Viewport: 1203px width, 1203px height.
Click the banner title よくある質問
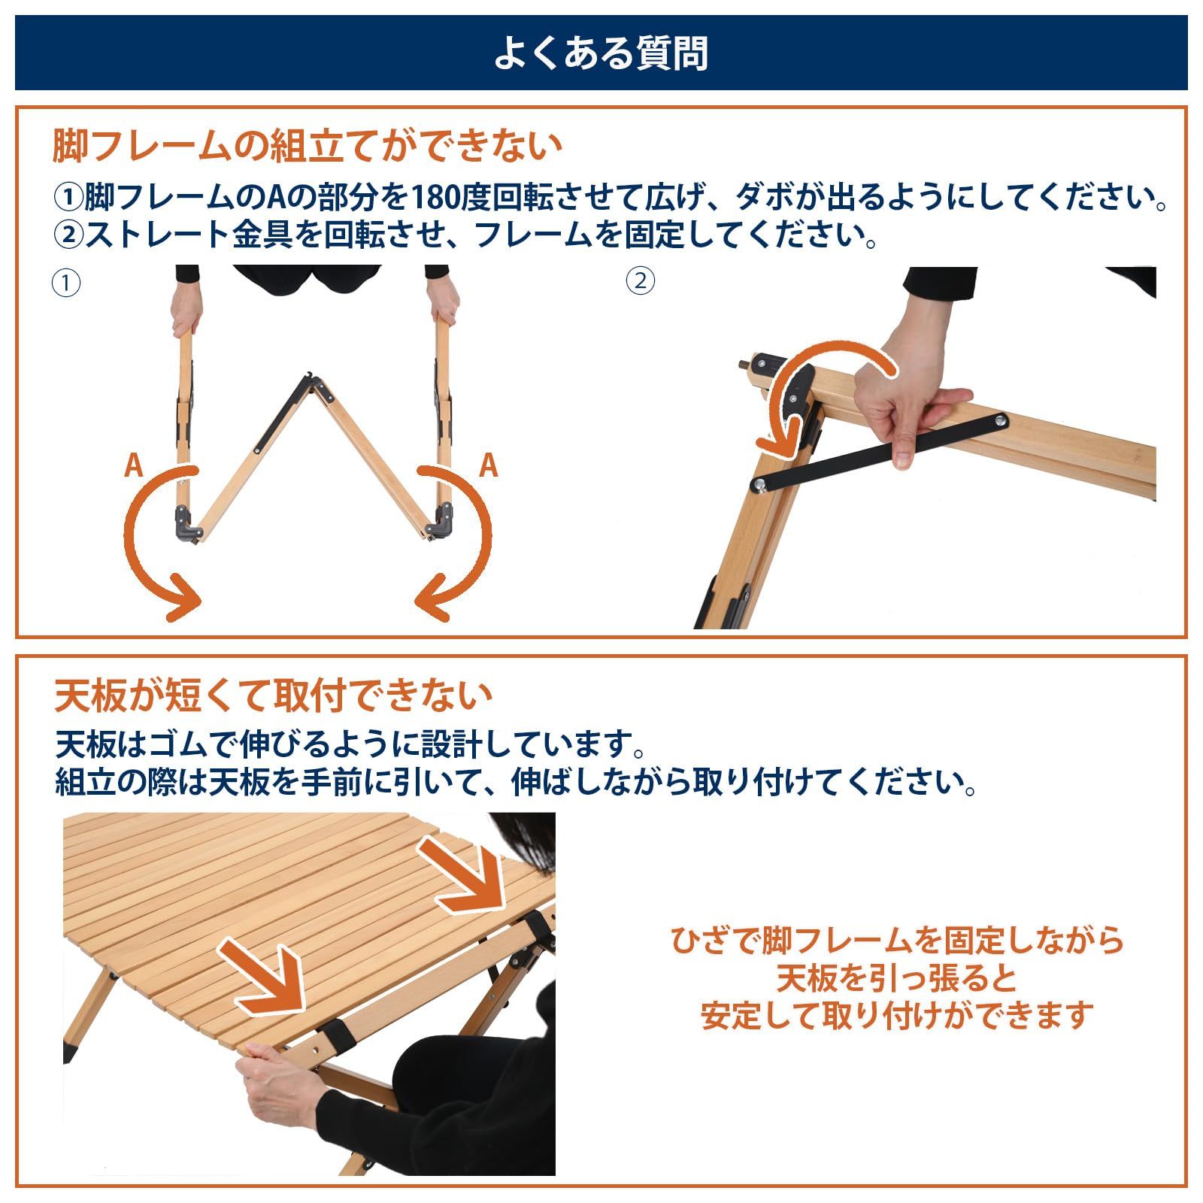(x=601, y=53)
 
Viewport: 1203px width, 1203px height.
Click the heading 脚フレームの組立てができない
(x=307, y=145)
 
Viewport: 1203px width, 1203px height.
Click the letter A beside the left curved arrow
(x=133, y=466)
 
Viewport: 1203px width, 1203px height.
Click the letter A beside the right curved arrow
(x=489, y=466)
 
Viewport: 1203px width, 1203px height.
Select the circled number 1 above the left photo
(x=66, y=283)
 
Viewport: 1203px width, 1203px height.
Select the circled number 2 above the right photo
(x=640, y=281)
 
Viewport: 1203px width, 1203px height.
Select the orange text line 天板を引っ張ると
(x=896, y=978)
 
